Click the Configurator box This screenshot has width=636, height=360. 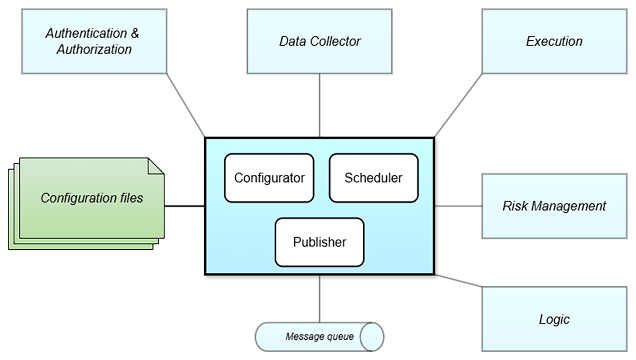point(269,178)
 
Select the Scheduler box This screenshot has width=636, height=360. point(373,178)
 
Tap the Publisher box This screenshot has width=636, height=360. point(320,242)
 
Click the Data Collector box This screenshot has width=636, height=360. point(320,41)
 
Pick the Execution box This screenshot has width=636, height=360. point(554,41)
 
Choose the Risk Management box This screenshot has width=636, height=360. point(554,205)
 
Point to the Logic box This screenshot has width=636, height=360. point(554,319)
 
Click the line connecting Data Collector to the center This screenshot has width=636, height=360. point(320,105)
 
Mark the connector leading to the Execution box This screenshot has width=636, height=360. point(458,105)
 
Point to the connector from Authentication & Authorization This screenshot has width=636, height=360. point(186,105)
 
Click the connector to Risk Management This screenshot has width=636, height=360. point(458,206)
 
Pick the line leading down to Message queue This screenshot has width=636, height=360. point(320,298)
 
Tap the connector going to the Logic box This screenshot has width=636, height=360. point(458,281)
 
